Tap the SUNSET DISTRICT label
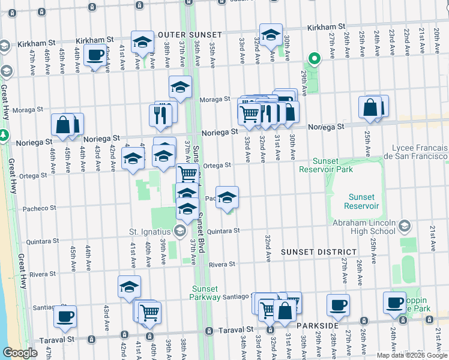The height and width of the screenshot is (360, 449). [x=319, y=252]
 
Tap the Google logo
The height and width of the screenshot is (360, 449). [x=20, y=353]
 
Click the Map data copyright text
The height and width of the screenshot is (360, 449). [x=411, y=355]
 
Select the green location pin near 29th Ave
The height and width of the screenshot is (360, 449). [x=313, y=59]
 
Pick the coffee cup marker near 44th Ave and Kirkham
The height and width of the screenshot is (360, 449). [x=95, y=56]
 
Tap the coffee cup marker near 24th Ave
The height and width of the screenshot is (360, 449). [x=395, y=303]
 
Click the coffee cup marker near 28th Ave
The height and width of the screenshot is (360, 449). [x=338, y=304]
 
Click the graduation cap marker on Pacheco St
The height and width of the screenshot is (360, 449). [x=227, y=197]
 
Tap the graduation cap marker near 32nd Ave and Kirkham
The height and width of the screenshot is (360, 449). [x=271, y=35]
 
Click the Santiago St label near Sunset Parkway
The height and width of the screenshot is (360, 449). [x=238, y=296]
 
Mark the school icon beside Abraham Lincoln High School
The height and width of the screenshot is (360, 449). [x=404, y=226]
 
